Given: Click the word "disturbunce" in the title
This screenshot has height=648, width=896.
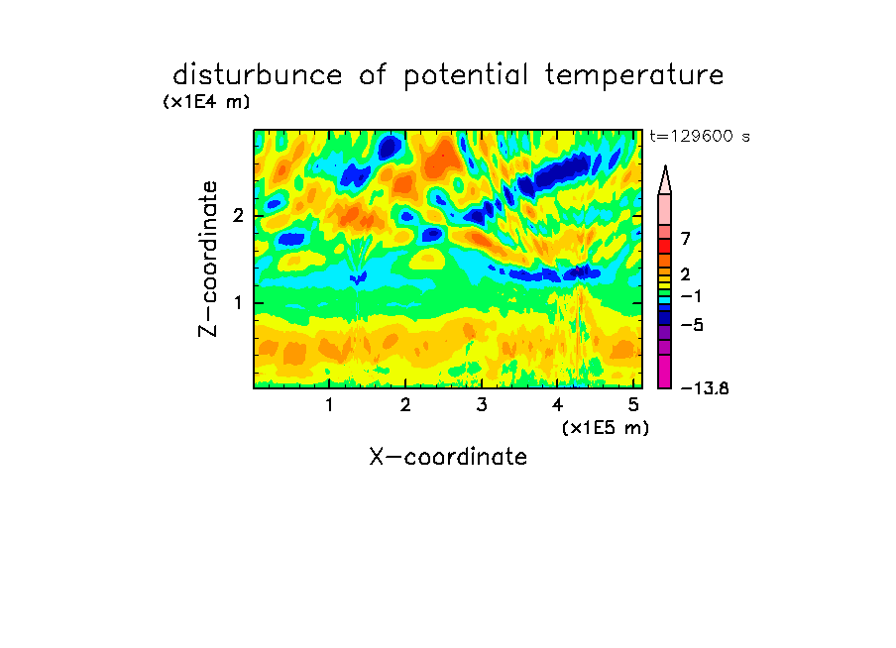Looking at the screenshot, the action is (x=258, y=75).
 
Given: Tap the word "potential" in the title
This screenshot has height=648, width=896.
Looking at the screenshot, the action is (x=466, y=76).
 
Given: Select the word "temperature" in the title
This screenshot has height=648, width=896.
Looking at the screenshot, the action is (x=634, y=76).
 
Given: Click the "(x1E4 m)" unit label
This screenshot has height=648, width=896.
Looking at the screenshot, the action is (x=206, y=102).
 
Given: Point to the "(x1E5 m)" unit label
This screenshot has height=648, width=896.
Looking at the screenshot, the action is (x=606, y=428).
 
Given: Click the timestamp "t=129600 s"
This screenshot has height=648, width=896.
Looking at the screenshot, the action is (x=700, y=136).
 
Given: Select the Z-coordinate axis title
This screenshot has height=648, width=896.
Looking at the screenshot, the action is (x=208, y=259).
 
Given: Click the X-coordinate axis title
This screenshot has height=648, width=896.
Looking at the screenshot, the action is (x=448, y=457).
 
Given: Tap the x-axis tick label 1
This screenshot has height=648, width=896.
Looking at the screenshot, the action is (x=330, y=405).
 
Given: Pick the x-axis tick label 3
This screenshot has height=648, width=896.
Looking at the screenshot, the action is (x=482, y=405).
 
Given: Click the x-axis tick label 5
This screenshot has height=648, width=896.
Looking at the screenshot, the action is (x=633, y=405).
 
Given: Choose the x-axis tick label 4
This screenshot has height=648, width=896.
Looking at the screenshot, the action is (x=558, y=405).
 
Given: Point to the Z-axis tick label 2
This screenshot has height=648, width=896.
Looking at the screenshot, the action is (x=238, y=216).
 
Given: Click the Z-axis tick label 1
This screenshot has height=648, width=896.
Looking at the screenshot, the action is (x=238, y=303).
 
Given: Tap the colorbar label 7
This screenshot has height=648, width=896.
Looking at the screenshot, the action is (x=686, y=239).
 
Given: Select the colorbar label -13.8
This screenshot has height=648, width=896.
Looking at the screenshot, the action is (x=705, y=388).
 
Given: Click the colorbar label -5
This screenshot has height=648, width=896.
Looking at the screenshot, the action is (x=692, y=325).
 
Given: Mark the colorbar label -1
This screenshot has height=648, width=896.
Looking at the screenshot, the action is (x=691, y=296).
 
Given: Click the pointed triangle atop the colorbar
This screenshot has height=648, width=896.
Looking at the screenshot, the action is (x=665, y=180).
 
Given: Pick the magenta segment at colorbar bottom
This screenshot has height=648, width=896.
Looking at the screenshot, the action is (x=665, y=372).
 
